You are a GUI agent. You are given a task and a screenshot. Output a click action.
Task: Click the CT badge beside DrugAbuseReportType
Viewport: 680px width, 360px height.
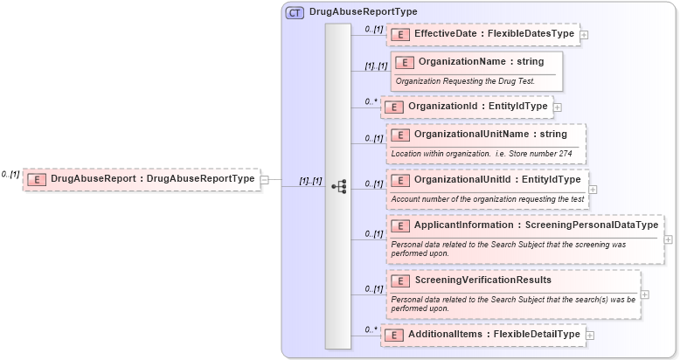(x=295, y=12)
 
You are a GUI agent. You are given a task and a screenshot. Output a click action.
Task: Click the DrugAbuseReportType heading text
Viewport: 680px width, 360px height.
(x=363, y=12)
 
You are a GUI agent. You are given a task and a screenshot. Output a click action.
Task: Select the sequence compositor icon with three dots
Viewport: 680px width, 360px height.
(x=339, y=186)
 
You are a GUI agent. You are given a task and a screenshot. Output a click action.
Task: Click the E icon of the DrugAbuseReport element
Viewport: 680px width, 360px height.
(x=37, y=179)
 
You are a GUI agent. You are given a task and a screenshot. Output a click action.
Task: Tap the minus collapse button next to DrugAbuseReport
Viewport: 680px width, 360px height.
(x=265, y=179)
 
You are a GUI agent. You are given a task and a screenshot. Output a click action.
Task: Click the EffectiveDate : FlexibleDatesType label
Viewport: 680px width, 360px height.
(x=494, y=34)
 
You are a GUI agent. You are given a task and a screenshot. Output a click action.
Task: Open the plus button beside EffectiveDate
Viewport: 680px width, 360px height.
(x=584, y=35)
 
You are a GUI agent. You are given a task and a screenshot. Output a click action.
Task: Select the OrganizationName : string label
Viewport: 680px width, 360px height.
(x=481, y=62)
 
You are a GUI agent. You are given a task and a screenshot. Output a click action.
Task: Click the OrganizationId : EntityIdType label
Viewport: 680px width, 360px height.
(x=477, y=107)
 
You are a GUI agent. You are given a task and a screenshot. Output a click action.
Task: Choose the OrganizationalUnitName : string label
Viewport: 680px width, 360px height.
(x=490, y=135)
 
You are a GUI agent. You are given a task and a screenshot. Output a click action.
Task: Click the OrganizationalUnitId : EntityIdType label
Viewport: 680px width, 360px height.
(x=496, y=180)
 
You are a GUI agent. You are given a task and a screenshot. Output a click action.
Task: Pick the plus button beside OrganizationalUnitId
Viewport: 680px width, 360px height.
(x=593, y=188)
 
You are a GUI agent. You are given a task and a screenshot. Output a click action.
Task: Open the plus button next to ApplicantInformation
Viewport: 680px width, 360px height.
(x=668, y=239)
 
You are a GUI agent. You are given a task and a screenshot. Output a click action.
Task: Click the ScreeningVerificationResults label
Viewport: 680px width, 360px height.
(x=482, y=280)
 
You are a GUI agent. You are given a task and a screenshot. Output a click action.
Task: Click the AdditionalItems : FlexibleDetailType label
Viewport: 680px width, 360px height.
(x=493, y=334)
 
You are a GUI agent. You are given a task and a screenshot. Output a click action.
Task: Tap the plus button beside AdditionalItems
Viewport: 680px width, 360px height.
(x=590, y=335)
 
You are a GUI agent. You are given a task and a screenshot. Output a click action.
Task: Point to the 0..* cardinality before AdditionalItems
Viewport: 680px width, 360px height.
(x=370, y=329)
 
